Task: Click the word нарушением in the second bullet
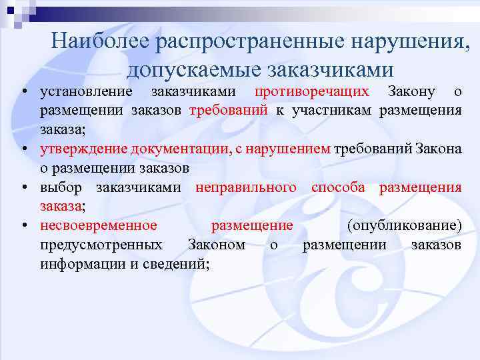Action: pos(291,149)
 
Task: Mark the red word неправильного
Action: pos(246,187)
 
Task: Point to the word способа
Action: pos(338,187)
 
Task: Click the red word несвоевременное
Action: pos(99,225)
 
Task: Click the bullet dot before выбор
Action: pos(23,187)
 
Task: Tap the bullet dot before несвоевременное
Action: pos(23,225)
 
